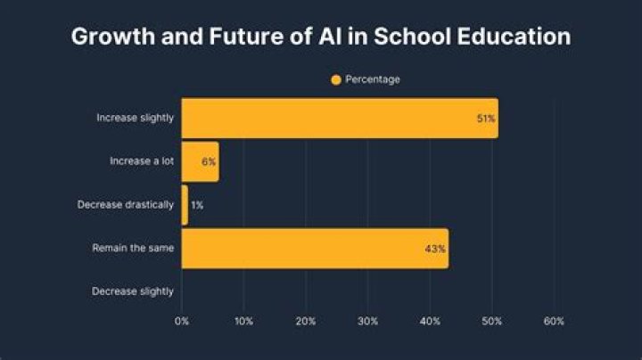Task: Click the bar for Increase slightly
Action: pyautogui.click(x=339, y=118)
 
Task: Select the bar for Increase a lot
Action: pyautogui.click(x=199, y=161)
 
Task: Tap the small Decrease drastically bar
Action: pyautogui.click(x=185, y=205)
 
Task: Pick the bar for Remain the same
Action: pyautogui.click(x=314, y=249)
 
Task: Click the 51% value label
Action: pyautogui.click(x=486, y=119)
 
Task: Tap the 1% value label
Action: pyautogui.click(x=196, y=206)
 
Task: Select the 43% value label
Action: pyautogui.click(x=435, y=250)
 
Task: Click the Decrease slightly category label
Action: pyautogui.click(x=133, y=291)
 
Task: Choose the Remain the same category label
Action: pyautogui.click(x=133, y=249)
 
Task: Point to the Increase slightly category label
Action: pyautogui.click(x=135, y=118)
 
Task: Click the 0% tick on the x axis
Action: pyautogui.click(x=182, y=321)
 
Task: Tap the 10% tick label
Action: pyautogui.click(x=243, y=321)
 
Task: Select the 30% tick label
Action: pyautogui.click(x=367, y=321)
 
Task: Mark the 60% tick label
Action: pyautogui.click(x=553, y=321)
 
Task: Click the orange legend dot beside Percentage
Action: pyautogui.click(x=336, y=80)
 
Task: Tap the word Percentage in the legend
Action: pyautogui.click(x=373, y=80)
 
